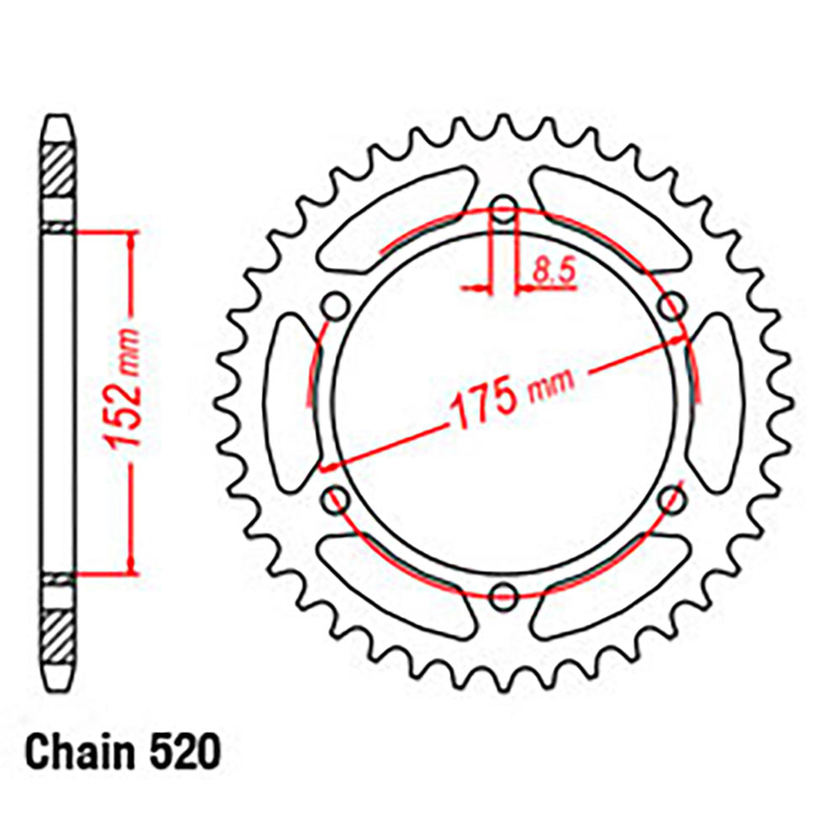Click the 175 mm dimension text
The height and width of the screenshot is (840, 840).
click(512, 394)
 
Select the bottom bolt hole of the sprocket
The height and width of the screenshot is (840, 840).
click(503, 596)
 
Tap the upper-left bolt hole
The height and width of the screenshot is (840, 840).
click(334, 306)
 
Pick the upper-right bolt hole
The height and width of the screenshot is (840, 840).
click(673, 306)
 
